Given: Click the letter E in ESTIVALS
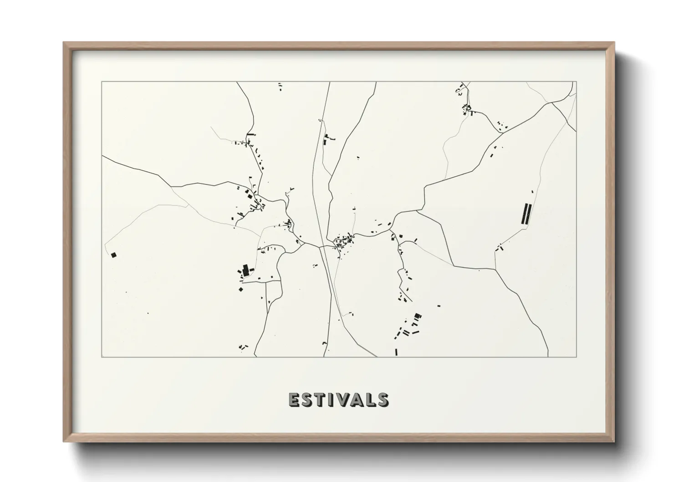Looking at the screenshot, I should click(294, 400).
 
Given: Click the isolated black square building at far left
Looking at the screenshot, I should click(113, 255).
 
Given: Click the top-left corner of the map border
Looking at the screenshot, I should click(102, 82).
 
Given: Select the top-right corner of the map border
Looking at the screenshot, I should click(576, 82).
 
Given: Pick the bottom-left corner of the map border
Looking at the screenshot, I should click(102, 357).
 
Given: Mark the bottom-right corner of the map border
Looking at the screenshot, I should click(576, 357).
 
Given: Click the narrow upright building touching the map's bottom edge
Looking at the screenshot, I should click(396, 352).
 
